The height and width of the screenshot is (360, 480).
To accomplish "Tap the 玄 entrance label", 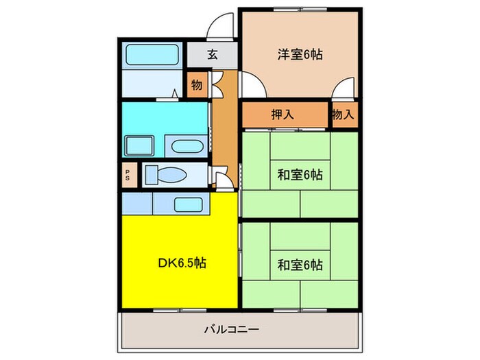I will (x=213, y=54).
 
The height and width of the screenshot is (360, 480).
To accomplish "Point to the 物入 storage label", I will (x=343, y=115).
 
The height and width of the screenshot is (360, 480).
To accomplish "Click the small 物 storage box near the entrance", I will (x=197, y=85).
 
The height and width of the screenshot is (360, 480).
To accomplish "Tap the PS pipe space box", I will (x=128, y=175).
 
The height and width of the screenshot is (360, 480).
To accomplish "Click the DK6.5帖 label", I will (x=182, y=262).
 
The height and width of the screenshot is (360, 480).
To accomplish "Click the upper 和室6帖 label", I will (x=300, y=174).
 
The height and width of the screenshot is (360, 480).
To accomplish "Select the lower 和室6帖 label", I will (x=300, y=264).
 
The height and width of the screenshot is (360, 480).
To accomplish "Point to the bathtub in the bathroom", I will (x=151, y=56).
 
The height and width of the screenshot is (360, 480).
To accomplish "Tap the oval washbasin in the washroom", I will (x=185, y=146).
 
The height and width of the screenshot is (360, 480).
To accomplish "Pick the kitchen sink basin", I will (x=187, y=204).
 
